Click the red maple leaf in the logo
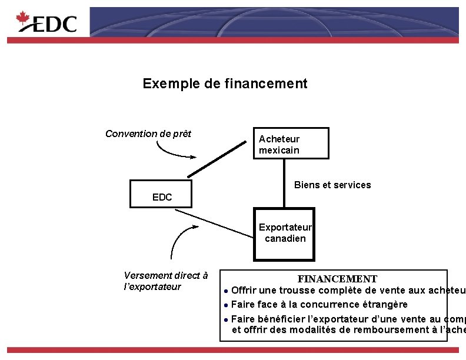pos(23,20)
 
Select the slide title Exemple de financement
pos(225,84)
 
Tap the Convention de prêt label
pos(148,134)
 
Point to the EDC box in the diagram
pos(162,197)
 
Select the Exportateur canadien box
pos(284,234)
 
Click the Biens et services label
pos(332,185)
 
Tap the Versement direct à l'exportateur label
pos(166,281)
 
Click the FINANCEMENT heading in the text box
pos(337,278)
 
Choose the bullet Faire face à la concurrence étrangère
pos(318,305)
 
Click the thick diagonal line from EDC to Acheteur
pos(218,158)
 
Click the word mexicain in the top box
pos(279,150)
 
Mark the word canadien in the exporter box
pos(285,238)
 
